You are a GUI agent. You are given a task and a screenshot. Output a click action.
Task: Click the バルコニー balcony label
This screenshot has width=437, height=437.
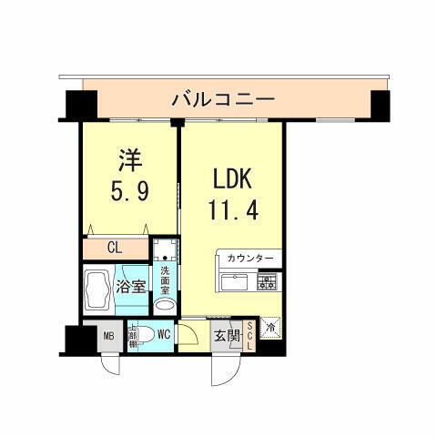[x=223, y=97]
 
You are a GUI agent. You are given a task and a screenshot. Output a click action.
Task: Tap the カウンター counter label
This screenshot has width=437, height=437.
[x=249, y=259]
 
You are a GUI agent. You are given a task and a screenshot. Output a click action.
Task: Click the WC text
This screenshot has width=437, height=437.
[x=165, y=334]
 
